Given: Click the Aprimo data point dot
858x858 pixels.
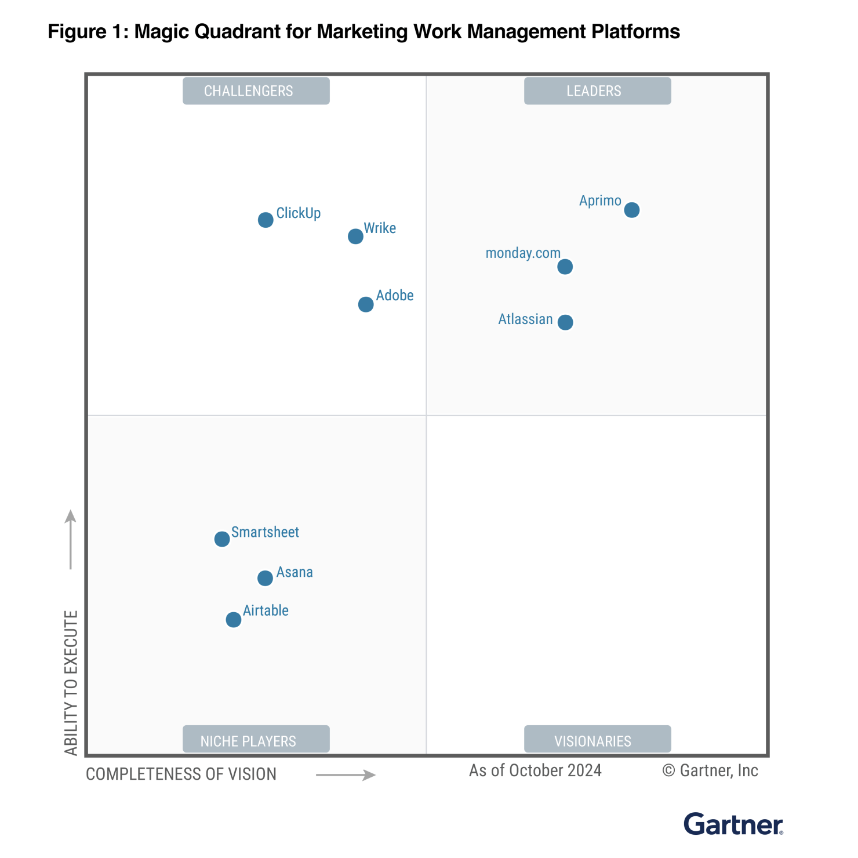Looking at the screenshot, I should pyautogui.click(x=632, y=210).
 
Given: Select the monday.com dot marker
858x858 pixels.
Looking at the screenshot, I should pyautogui.click(x=565, y=267).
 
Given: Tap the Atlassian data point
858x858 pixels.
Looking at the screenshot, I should pyautogui.click(x=565, y=322).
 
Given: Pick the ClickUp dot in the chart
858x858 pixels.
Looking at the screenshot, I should pyautogui.click(x=266, y=220).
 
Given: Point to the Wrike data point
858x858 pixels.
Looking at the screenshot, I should pyautogui.click(x=355, y=237).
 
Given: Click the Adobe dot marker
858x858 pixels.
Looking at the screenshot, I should pyautogui.click(x=366, y=304).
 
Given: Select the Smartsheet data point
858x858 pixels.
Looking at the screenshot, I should pyautogui.click(x=222, y=539).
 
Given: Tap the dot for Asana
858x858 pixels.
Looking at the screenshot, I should pyautogui.click(x=265, y=578).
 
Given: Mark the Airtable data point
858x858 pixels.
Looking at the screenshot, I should pyautogui.click(x=234, y=620).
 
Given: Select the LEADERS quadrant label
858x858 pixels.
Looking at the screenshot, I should pyautogui.click(x=597, y=91).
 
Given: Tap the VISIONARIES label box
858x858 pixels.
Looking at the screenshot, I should pyautogui.click(x=597, y=740).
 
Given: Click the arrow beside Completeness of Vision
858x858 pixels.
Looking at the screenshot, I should pyautogui.click(x=346, y=775).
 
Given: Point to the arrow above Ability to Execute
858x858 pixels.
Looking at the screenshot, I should pyautogui.click(x=71, y=539).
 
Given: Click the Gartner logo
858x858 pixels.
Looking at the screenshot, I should pyautogui.click(x=733, y=824).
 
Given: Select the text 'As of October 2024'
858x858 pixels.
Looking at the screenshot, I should pyautogui.click(x=535, y=770).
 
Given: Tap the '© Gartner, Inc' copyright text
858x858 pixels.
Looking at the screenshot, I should pyautogui.click(x=710, y=770).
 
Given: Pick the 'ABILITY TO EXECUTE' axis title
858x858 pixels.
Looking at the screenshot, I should pyautogui.click(x=71, y=682).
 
